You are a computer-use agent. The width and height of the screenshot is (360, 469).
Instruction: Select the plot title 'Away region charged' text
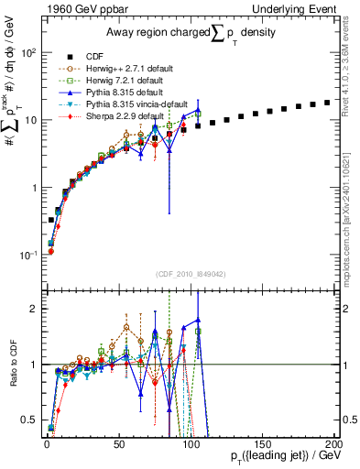(156, 34)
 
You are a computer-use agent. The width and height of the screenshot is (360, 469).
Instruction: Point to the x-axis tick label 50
(119, 443)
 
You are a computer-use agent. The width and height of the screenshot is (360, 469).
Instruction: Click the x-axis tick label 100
(191, 443)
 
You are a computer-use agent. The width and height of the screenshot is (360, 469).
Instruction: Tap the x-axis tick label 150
(264, 443)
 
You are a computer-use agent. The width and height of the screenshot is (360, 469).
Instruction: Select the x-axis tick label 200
(334, 443)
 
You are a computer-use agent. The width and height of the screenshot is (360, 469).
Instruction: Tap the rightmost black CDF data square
(328, 103)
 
